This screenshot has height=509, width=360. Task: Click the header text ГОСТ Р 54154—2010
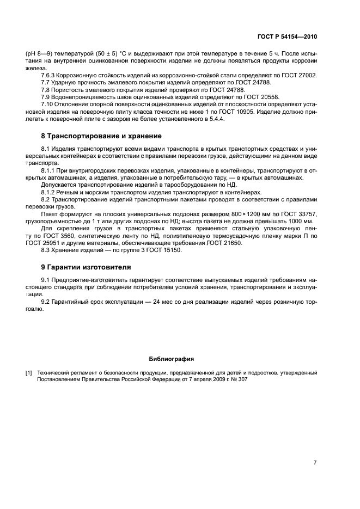pyautogui.click(x=289, y=37)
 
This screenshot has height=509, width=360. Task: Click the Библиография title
pyautogui.click(x=171, y=359)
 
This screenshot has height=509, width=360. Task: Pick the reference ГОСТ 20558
pyautogui.click(x=227, y=96)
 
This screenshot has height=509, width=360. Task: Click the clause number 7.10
pyautogui.click(x=47, y=103)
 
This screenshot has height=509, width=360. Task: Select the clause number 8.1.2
pyautogui.click(x=49, y=192)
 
